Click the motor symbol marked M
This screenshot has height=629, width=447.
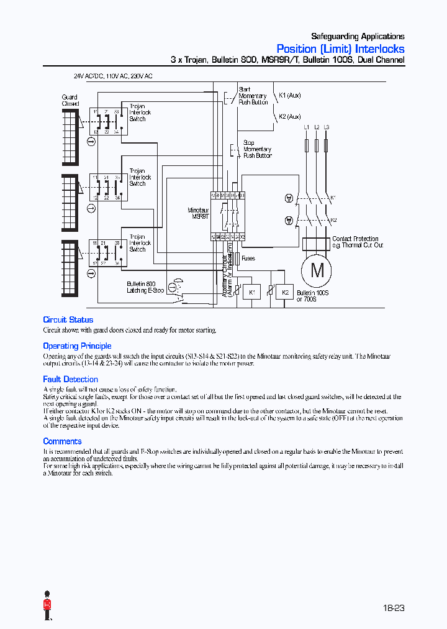coord(317,270)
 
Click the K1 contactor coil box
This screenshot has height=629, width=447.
coord(252,292)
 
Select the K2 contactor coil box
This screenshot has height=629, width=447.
coord(285,292)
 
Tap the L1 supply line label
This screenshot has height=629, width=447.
coord(307,127)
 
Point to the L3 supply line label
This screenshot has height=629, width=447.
coord(327,127)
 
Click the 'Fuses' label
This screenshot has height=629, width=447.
coord(248,258)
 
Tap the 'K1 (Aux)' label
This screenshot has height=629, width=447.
coord(289,96)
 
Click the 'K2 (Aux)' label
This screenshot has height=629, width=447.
coord(289,116)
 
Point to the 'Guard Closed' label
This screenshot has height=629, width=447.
coord(70,101)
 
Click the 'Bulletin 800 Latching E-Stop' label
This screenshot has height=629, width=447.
coord(145,287)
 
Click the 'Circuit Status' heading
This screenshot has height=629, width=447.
coord(68,320)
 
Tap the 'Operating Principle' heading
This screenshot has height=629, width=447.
coord(77,346)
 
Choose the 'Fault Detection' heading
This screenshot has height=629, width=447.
coord(70,379)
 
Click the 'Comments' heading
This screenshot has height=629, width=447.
coord(62,441)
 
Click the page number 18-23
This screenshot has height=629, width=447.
coord(393,608)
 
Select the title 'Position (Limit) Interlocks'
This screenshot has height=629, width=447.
coord(340,49)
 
